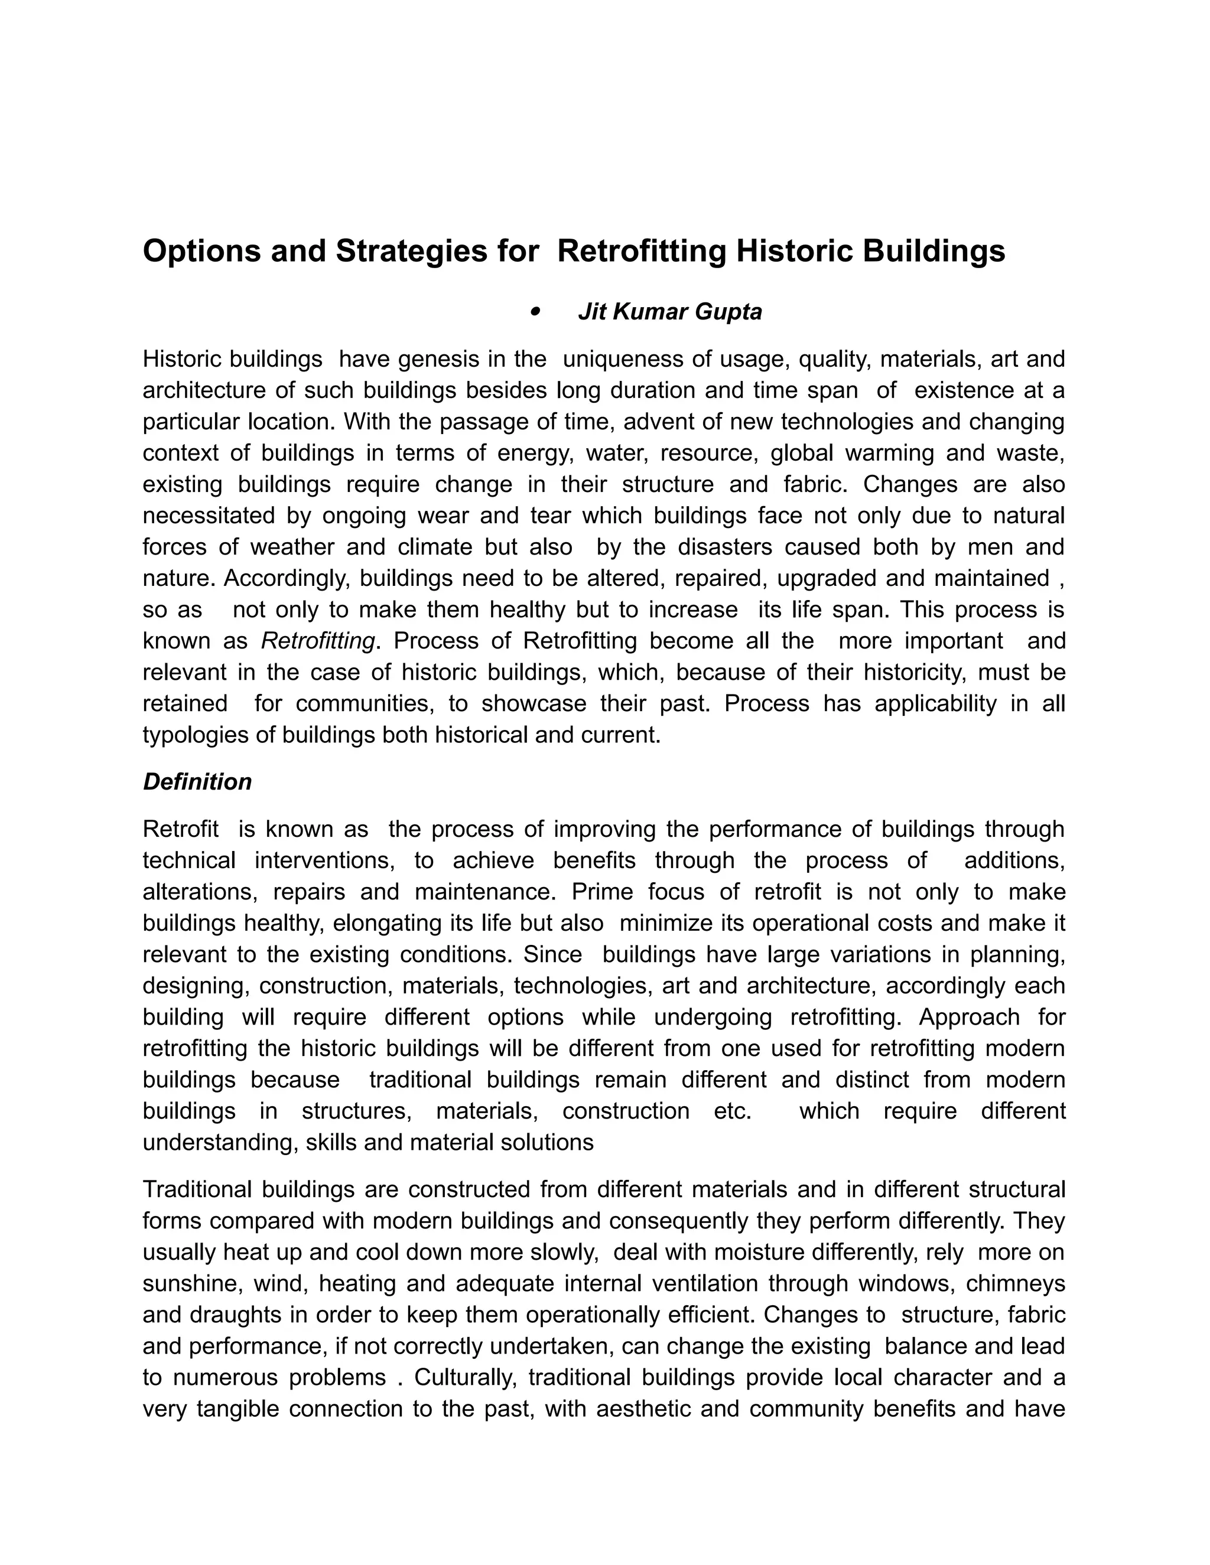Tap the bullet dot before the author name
534,312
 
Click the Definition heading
197,782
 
